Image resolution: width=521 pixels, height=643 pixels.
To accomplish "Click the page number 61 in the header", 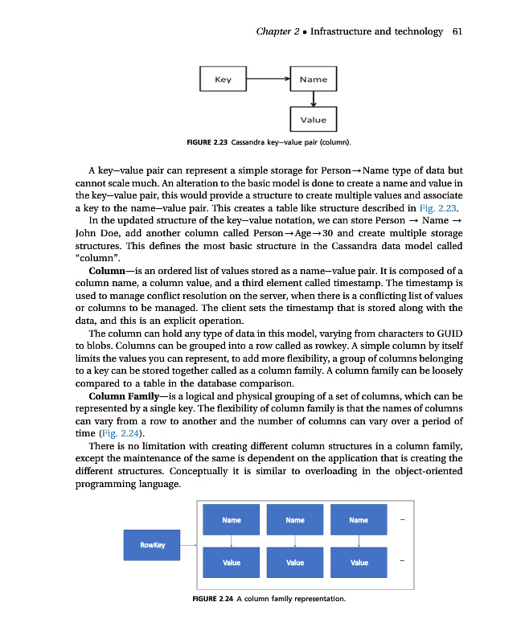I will click(x=457, y=31).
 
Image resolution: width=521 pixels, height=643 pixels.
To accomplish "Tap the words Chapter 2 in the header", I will click(x=277, y=31).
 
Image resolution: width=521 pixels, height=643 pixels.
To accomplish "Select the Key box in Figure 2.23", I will click(x=223, y=80).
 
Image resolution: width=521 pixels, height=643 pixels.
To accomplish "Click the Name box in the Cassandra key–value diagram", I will click(x=313, y=80).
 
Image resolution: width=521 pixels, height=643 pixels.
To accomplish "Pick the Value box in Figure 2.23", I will click(x=313, y=120).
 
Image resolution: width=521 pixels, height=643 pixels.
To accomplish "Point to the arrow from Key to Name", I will click(x=268, y=80).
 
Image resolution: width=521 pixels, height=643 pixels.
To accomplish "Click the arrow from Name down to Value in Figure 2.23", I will click(x=313, y=100).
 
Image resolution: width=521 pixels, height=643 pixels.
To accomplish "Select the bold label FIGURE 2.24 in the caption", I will click(x=213, y=599).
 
